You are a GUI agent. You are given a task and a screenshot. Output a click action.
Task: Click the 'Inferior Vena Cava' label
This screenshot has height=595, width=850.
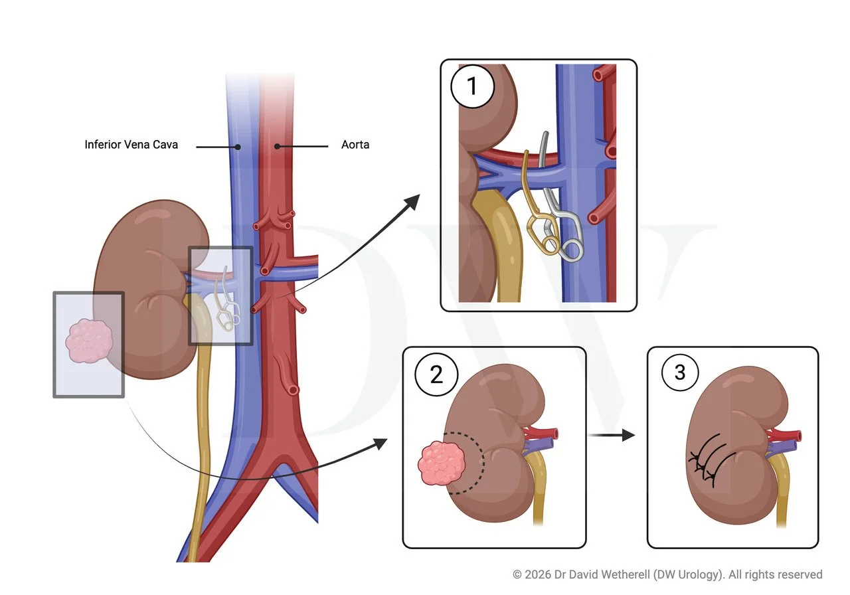tap(131, 144)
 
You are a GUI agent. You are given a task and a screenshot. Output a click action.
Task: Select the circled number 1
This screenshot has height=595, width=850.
tap(472, 87)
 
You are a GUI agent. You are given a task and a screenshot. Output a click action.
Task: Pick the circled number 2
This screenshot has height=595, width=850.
tap(436, 375)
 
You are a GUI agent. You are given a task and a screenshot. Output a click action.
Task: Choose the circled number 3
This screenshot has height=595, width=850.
tap(679, 374)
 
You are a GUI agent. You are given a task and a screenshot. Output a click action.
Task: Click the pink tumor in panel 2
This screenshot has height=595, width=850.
tap(440, 463)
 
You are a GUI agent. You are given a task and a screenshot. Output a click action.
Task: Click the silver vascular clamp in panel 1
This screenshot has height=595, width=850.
tap(561, 219)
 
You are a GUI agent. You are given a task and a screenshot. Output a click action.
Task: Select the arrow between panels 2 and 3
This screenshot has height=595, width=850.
tap(613, 436)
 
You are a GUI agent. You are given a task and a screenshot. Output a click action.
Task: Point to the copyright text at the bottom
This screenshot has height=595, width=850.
tap(667, 574)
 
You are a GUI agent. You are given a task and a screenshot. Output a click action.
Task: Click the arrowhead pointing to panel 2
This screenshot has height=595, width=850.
tap(380, 443)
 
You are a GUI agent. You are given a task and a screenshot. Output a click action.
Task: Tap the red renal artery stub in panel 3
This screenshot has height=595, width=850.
tap(788, 436)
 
